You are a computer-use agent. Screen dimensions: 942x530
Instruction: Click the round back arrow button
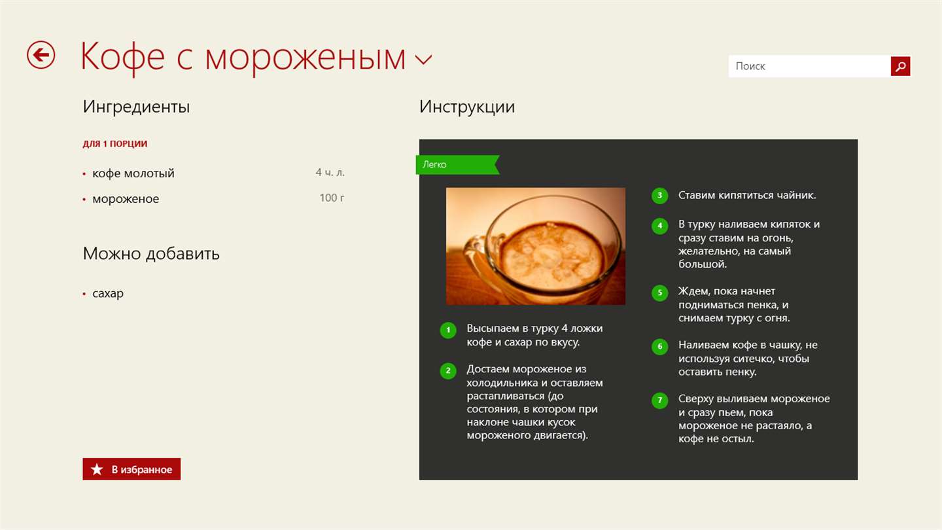(41, 55)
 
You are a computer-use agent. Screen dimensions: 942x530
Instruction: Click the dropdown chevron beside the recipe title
(423, 60)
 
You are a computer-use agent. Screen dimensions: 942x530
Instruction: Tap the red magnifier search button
(900, 66)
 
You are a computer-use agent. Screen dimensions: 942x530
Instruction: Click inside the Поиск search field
(810, 66)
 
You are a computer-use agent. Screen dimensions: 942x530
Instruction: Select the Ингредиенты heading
(136, 107)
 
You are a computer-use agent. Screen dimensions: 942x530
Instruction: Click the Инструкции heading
(467, 107)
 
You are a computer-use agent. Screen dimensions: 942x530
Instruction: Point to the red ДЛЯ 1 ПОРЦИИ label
(115, 143)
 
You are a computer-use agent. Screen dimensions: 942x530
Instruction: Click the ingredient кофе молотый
(133, 173)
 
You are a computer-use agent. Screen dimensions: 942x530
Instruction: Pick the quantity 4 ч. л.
(330, 172)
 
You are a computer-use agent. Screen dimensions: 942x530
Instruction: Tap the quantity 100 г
(332, 198)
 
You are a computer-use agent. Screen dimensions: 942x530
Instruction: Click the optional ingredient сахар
(108, 293)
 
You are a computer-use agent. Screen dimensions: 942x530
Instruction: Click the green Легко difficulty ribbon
(457, 164)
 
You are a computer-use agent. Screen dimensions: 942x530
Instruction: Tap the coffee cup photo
(535, 246)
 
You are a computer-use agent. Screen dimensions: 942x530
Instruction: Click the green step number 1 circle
(448, 330)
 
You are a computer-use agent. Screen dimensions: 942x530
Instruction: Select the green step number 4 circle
(660, 226)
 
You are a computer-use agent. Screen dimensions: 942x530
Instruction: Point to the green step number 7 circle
(660, 400)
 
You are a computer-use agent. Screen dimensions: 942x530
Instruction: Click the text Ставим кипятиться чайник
(747, 195)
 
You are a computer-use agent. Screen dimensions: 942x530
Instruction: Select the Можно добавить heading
(151, 254)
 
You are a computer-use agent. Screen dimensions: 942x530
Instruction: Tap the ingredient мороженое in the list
(126, 198)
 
